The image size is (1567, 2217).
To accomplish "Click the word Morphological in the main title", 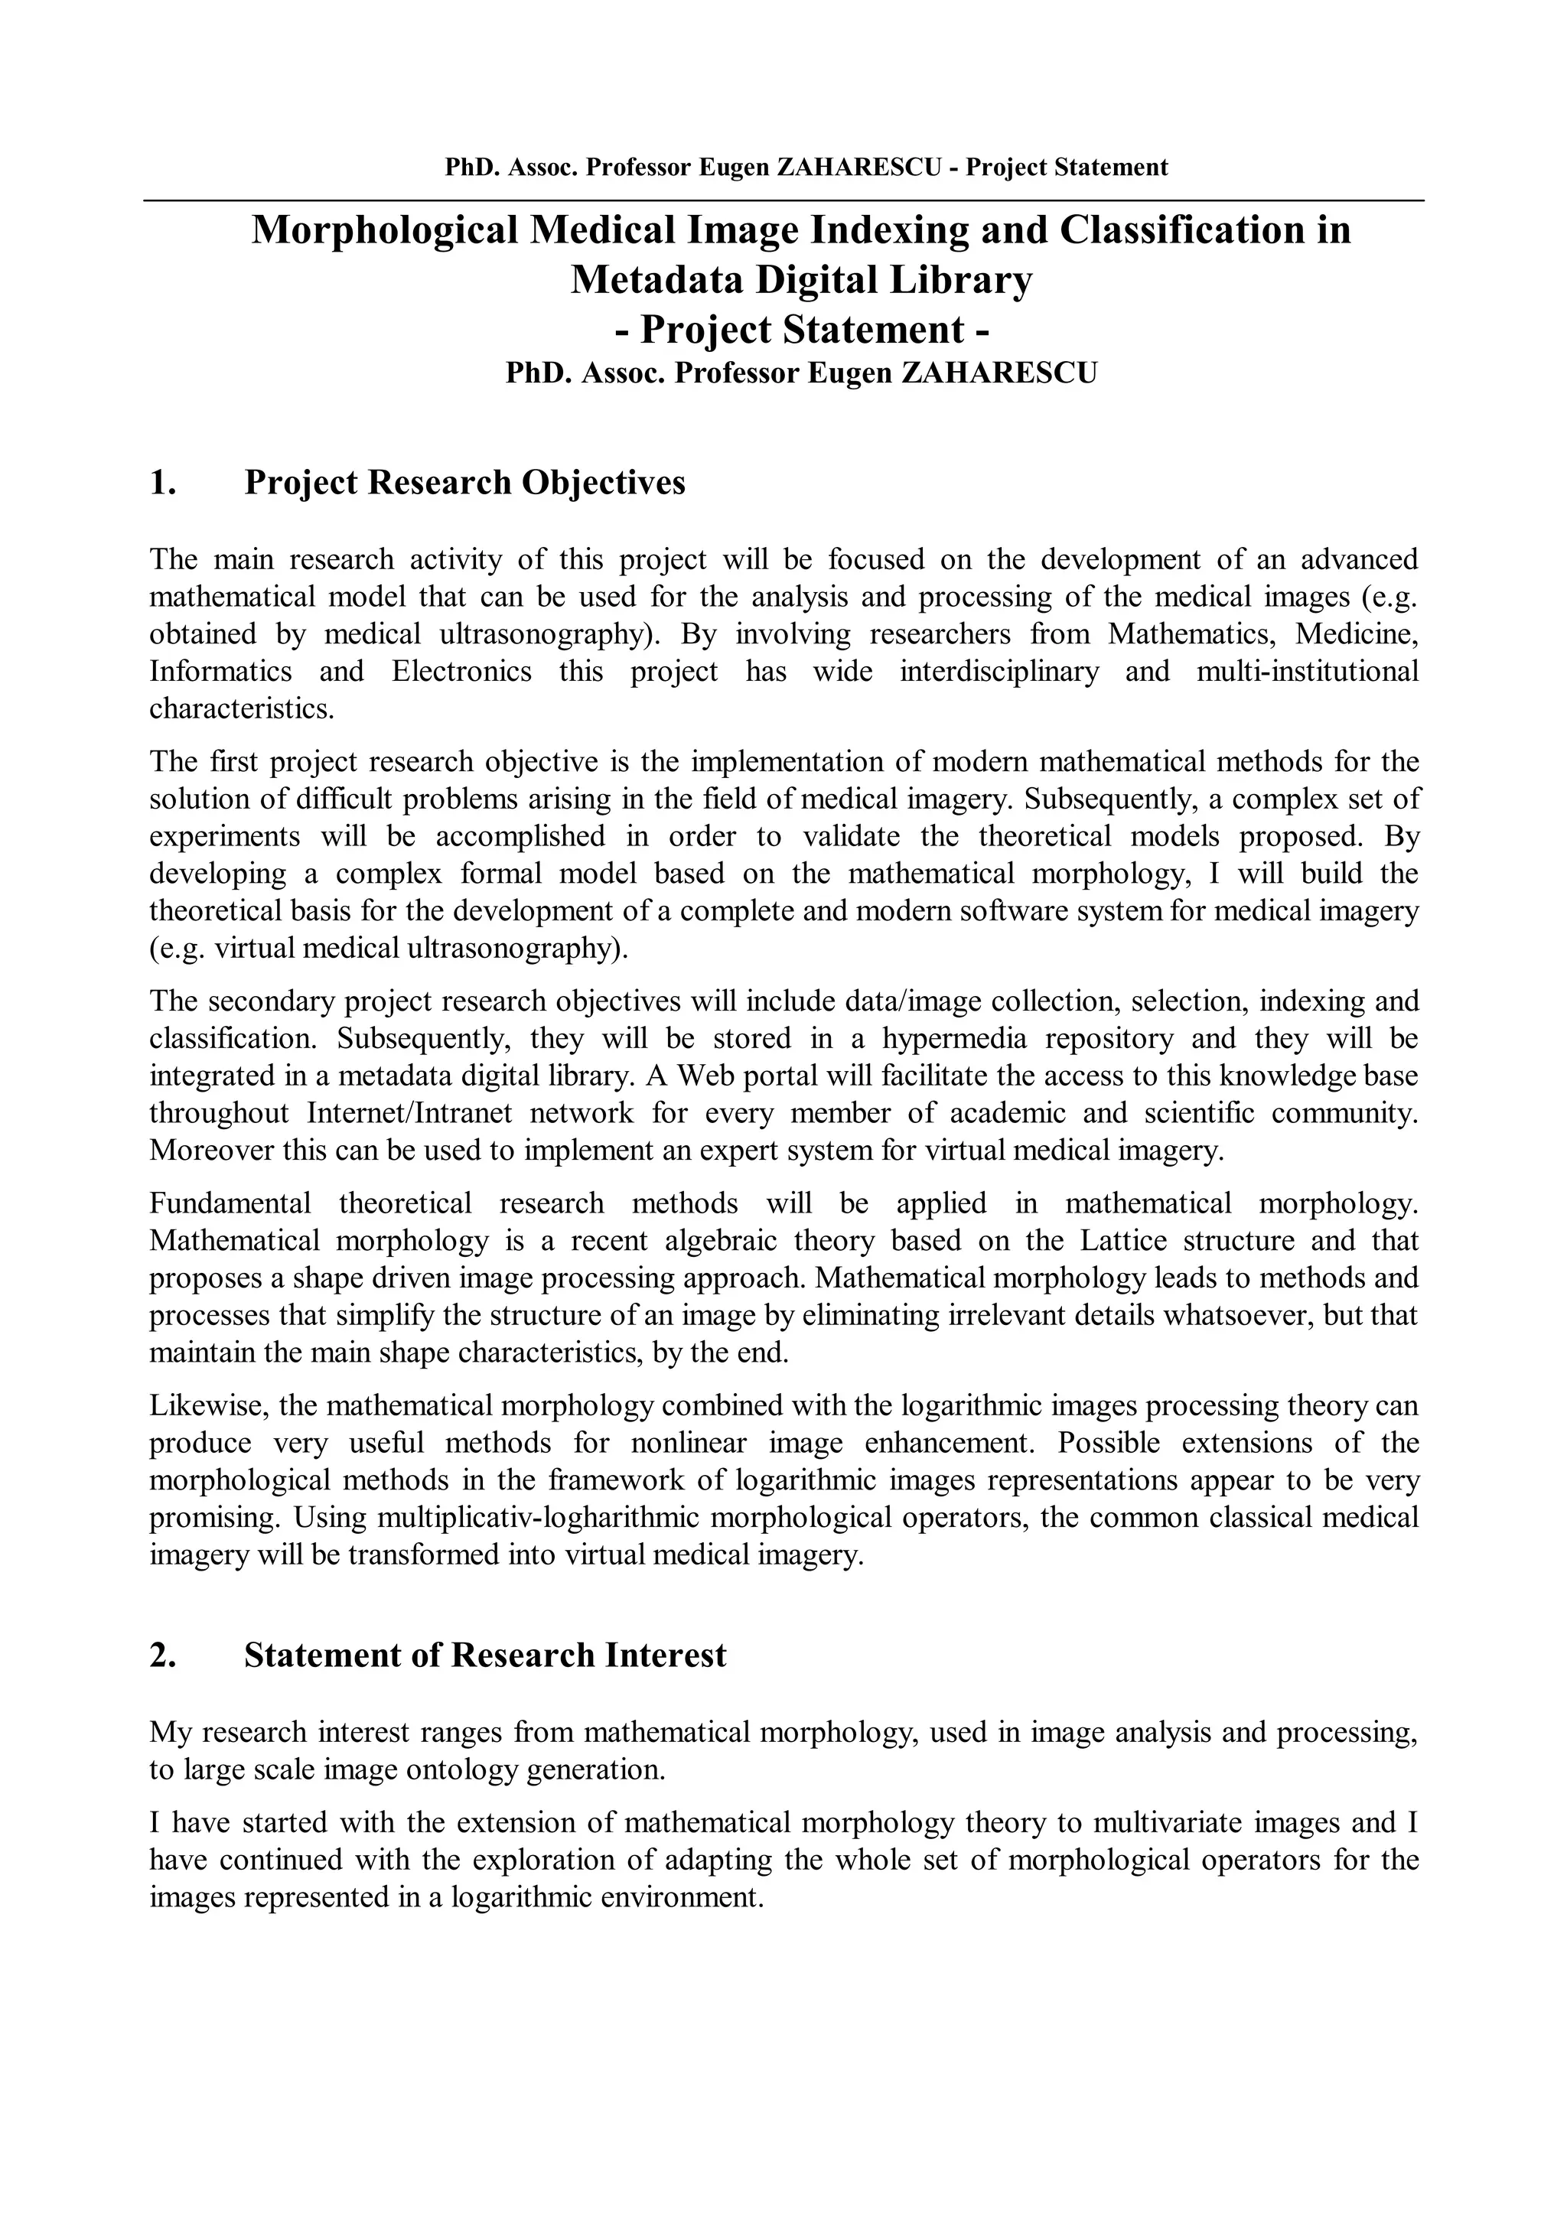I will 384,231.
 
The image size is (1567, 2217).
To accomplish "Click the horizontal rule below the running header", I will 784,201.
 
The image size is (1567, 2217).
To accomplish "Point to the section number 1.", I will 163,483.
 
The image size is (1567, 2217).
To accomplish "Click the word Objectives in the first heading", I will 604,483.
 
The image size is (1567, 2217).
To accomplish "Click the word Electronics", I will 461,671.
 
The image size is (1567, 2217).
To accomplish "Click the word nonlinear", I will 689,1444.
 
